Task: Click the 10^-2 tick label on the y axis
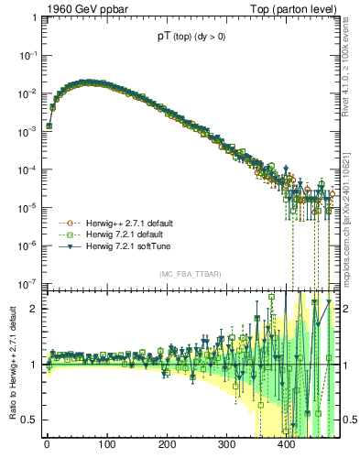pyautogui.click(x=25, y=93)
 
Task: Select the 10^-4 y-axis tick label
pyautogui.click(x=25, y=169)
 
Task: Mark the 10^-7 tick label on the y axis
pyautogui.click(x=25, y=283)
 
